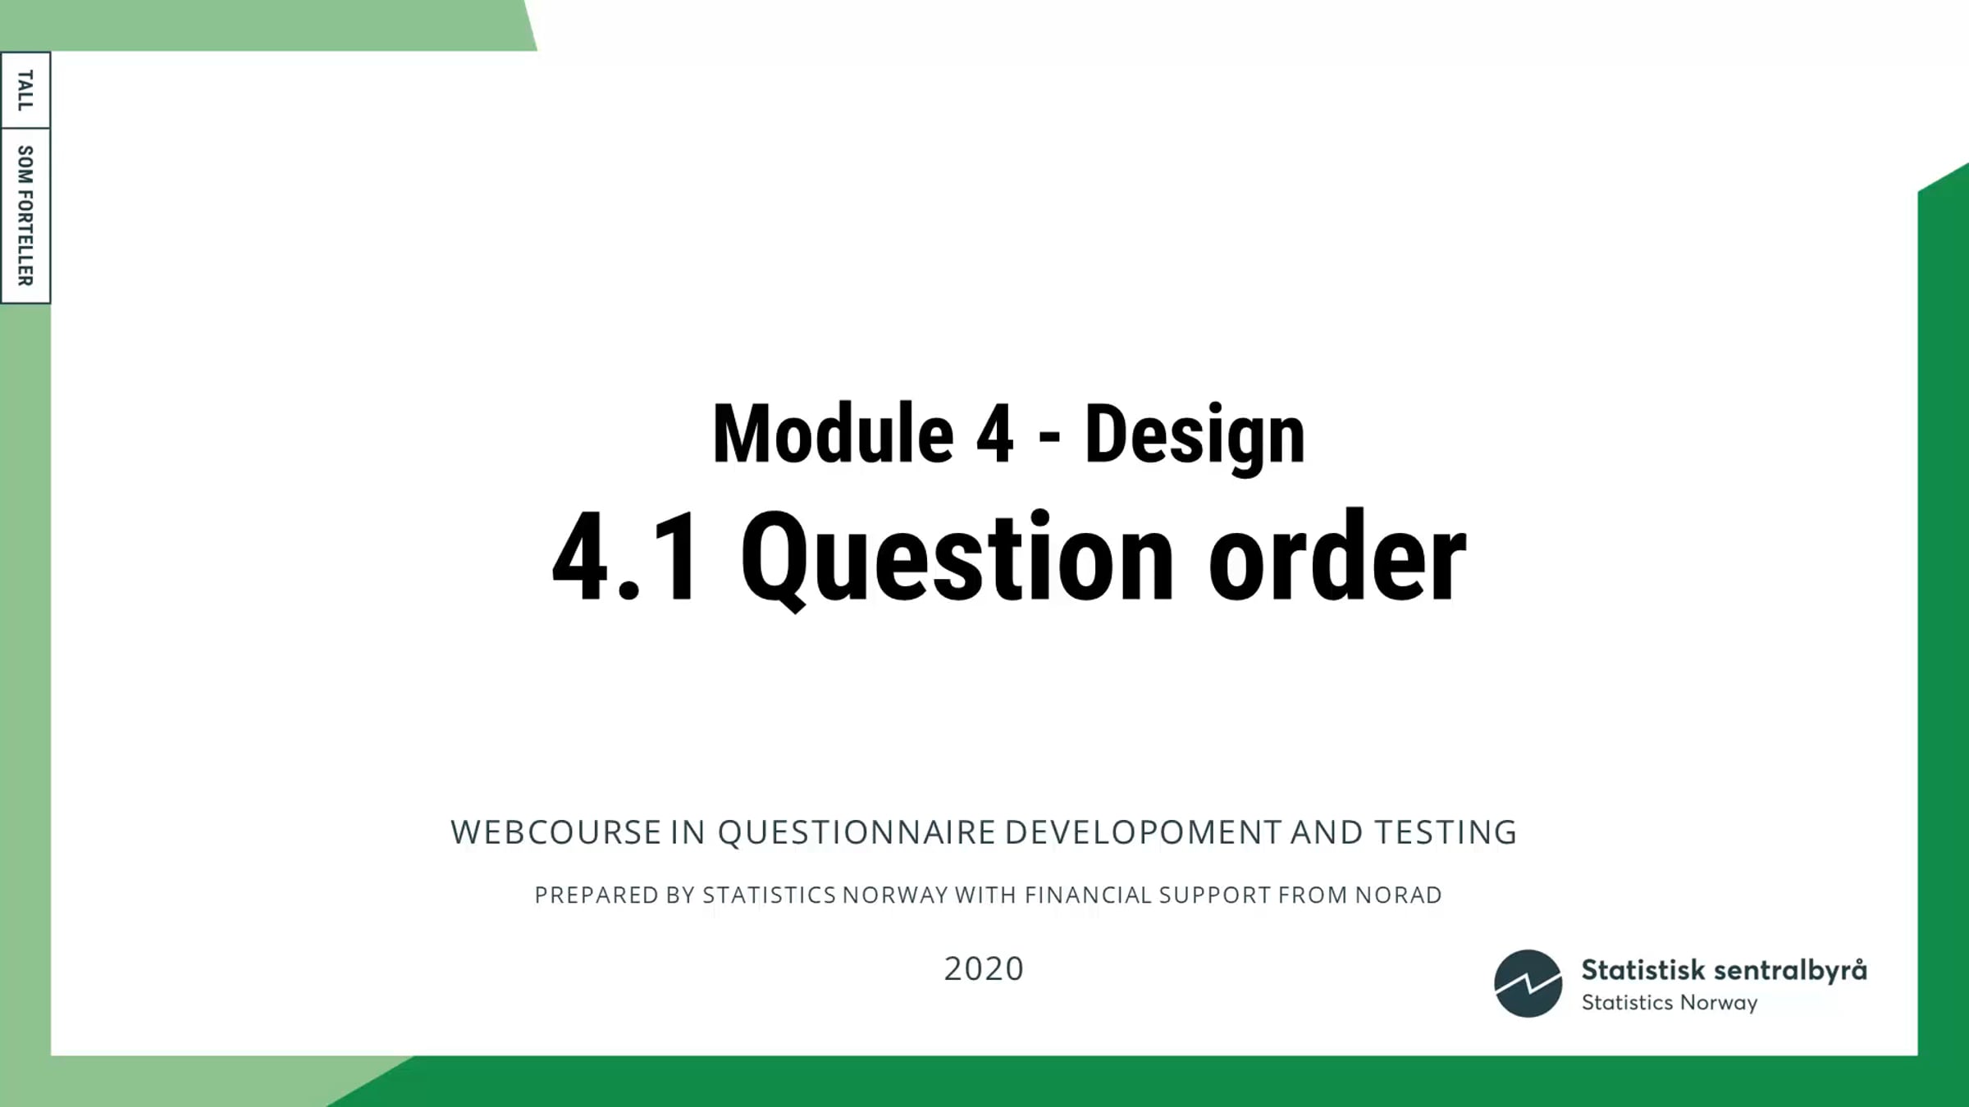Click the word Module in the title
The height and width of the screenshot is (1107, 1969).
(x=833, y=435)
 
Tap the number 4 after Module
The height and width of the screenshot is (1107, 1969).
(x=994, y=435)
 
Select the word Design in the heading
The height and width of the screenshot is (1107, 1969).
(x=1195, y=437)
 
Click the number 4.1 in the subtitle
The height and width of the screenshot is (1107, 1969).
(x=625, y=557)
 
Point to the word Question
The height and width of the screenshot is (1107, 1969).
(x=957, y=560)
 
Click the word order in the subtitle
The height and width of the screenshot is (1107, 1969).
(x=1337, y=555)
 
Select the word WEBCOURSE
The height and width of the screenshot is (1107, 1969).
(x=555, y=832)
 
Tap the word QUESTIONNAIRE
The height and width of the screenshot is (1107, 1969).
(x=857, y=832)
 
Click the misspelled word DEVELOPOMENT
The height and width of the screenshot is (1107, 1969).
(x=1143, y=832)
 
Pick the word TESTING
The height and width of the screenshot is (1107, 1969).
(x=1446, y=832)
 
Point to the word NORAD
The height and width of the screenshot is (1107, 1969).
(x=1398, y=895)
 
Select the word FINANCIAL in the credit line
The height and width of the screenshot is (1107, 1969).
(x=1089, y=895)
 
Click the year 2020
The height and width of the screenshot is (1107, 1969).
(x=984, y=969)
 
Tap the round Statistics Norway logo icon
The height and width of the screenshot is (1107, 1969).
(x=1528, y=983)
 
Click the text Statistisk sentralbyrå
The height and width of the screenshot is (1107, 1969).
(x=1724, y=971)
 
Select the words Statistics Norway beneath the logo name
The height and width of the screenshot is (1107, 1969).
(x=1670, y=1003)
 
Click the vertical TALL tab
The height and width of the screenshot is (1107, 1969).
(x=25, y=90)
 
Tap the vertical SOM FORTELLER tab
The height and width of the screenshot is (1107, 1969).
(x=25, y=216)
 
